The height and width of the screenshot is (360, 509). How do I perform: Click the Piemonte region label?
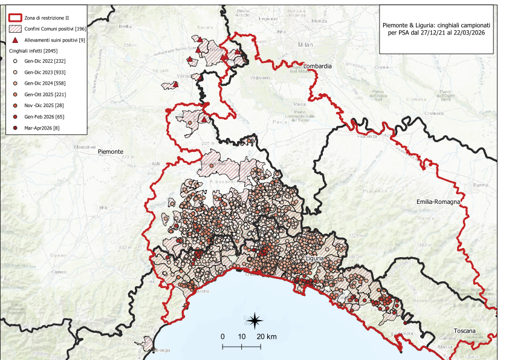pos(110,152)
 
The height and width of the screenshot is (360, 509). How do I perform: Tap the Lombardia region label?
pos(318,65)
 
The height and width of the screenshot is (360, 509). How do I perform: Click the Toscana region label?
pos(465,331)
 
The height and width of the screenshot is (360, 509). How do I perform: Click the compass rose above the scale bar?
pos(256,319)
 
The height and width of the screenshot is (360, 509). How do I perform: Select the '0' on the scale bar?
pos(222,336)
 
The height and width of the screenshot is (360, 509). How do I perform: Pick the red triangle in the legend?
pos(15,40)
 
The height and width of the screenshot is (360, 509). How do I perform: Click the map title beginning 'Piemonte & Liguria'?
pos(436,28)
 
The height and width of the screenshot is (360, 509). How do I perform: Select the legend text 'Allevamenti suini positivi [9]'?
pos(54,40)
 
